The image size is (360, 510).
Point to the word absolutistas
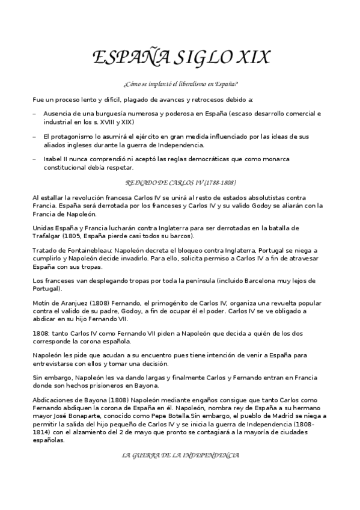pyautogui.click(x=259, y=198)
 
